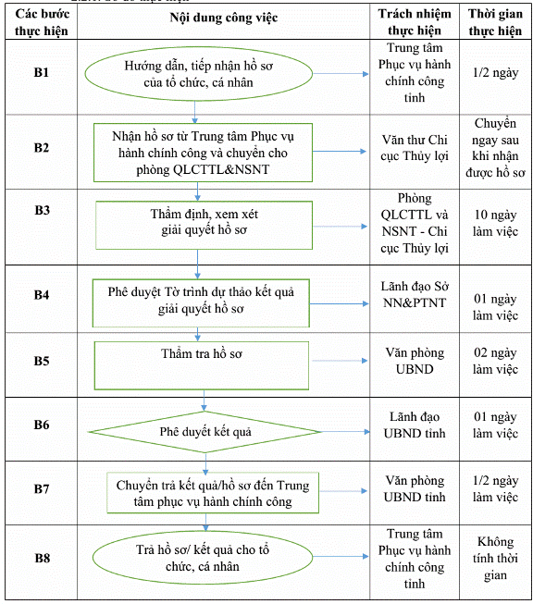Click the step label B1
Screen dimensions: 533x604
point(42,72)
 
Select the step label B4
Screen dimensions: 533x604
point(42,295)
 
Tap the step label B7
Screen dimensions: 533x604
point(42,488)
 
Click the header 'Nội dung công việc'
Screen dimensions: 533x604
point(224,18)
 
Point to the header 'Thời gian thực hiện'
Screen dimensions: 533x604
point(495,22)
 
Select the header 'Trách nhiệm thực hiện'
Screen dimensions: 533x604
point(415,22)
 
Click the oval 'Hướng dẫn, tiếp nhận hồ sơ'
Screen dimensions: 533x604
point(198,74)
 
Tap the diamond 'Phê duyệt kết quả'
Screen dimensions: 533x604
point(205,432)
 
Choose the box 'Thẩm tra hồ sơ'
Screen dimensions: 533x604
point(202,365)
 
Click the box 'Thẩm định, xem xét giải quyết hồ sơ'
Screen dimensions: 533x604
point(204,225)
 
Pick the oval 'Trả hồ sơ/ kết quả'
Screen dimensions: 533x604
point(203,558)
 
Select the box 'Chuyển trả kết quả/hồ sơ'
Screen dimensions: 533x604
point(213,493)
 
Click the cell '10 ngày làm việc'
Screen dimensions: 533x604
point(495,223)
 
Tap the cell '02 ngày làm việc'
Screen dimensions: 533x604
point(495,361)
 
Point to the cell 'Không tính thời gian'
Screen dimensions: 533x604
point(495,559)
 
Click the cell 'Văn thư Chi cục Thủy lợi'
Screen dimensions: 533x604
point(415,148)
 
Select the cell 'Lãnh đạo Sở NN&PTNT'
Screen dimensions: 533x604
point(415,295)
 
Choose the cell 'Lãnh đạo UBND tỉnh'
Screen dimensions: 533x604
point(415,425)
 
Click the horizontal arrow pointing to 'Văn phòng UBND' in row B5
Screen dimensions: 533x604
point(340,361)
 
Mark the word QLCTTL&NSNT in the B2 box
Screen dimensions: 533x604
point(221,169)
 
